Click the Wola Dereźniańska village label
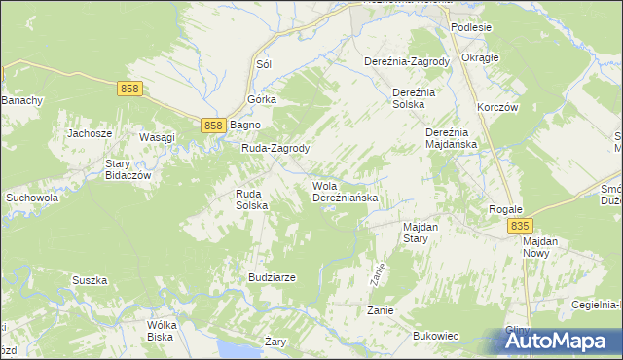345,192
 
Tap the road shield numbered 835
520,226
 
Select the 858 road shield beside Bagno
215,126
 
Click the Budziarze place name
272,277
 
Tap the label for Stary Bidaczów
131,170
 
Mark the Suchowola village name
32,198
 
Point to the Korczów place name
496,107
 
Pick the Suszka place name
89,280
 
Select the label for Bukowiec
435,336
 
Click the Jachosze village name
90,133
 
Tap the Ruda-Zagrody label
275,149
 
